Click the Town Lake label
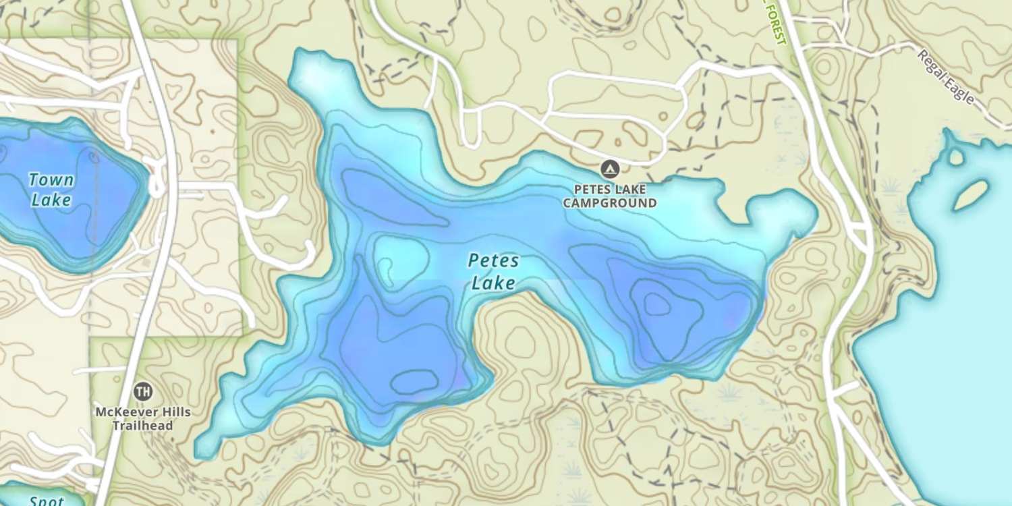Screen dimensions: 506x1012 tap(51, 190)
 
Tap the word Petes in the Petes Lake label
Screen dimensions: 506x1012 tap(494, 260)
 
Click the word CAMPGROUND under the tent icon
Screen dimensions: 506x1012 tap(609, 202)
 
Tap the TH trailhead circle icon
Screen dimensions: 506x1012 tap(142, 391)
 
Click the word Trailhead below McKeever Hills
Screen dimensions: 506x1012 tap(142, 426)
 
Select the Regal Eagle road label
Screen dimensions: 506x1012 tap(946, 76)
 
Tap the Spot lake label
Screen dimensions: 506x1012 tap(47, 501)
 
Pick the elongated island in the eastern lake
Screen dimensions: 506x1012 tap(971, 195)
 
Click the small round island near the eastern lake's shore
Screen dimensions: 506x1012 tap(956, 157)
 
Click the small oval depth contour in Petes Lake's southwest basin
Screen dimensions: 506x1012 tap(414, 382)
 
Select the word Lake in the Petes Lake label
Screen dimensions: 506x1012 tap(493, 283)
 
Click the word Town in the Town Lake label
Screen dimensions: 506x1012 tap(51, 179)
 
